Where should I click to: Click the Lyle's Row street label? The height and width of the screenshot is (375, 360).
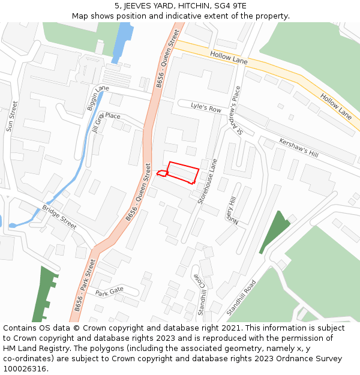(x=206, y=107)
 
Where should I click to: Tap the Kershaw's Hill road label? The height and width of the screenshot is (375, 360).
(x=299, y=146)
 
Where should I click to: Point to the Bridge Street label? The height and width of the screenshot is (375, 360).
(x=59, y=217)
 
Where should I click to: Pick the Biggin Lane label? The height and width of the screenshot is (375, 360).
(x=98, y=97)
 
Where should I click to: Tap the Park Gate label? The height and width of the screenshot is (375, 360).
(x=109, y=292)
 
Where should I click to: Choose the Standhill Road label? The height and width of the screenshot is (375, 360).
(x=241, y=298)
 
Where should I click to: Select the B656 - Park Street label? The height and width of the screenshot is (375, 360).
(x=85, y=285)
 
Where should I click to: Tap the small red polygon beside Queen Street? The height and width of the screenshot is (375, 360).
(x=162, y=173)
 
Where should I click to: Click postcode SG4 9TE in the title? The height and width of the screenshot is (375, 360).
(x=230, y=6)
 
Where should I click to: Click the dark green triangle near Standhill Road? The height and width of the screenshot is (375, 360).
(x=274, y=230)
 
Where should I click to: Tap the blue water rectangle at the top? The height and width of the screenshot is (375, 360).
(x=122, y=41)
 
